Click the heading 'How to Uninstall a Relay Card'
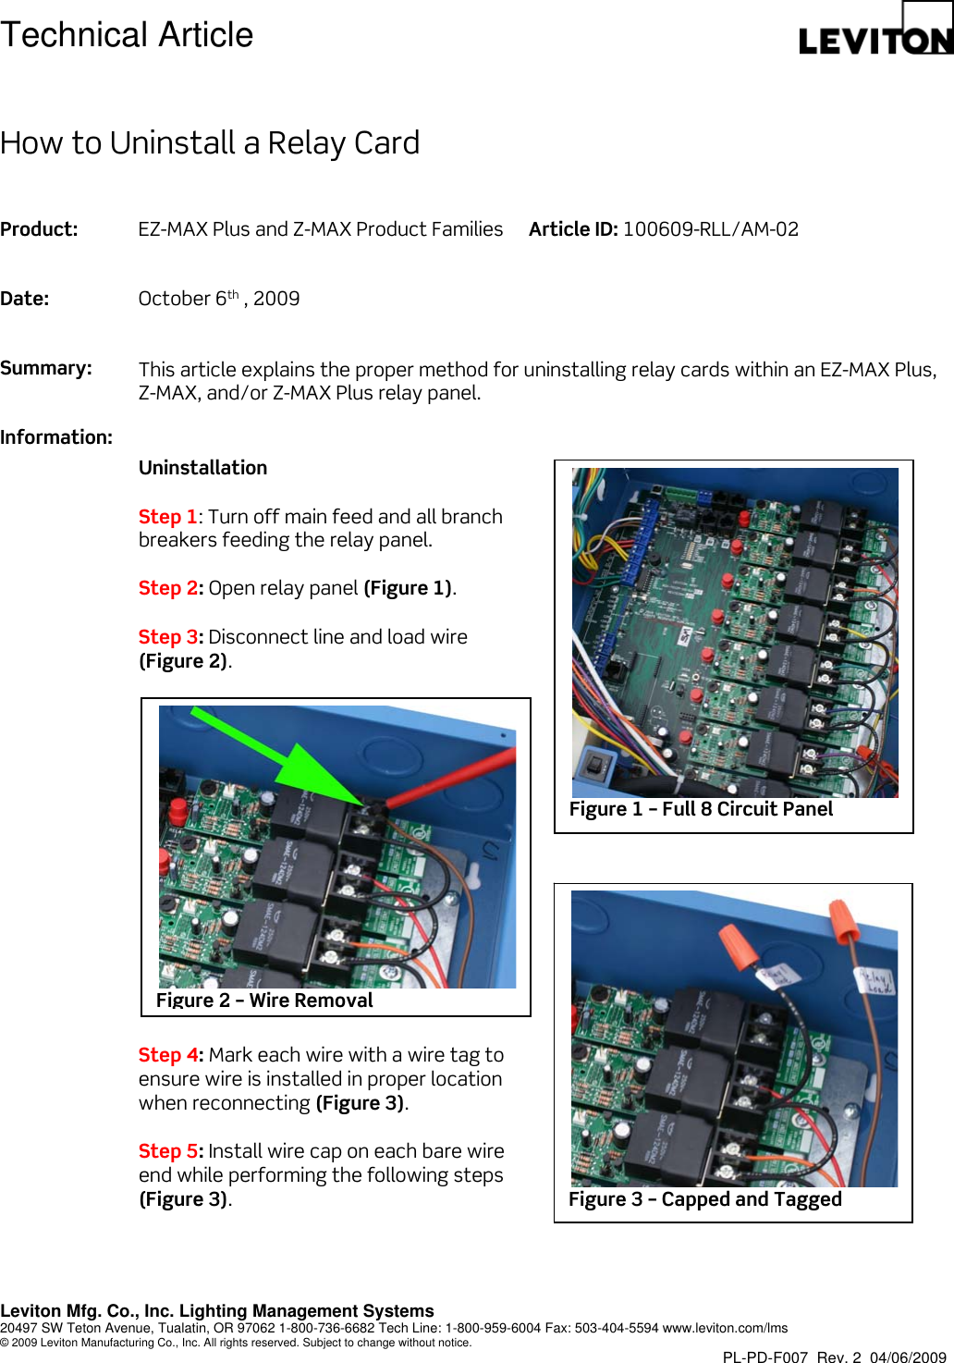(x=210, y=143)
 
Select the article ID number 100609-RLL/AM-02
(x=710, y=229)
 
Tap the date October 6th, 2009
(x=219, y=299)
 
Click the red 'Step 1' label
(x=167, y=517)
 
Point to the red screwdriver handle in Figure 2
(x=453, y=777)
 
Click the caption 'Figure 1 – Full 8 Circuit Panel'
(x=701, y=809)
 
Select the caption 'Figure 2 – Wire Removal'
(x=264, y=1001)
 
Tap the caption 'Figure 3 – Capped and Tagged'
(x=704, y=1199)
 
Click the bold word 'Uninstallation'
(x=202, y=468)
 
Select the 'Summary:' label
(x=46, y=368)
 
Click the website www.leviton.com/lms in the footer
(x=725, y=1328)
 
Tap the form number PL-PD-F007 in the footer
(x=764, y=1357)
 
